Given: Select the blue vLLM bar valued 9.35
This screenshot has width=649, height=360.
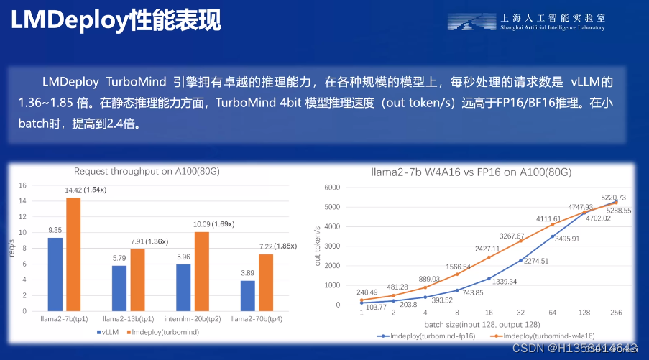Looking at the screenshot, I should pyautogui.click(x=55, y=273).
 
